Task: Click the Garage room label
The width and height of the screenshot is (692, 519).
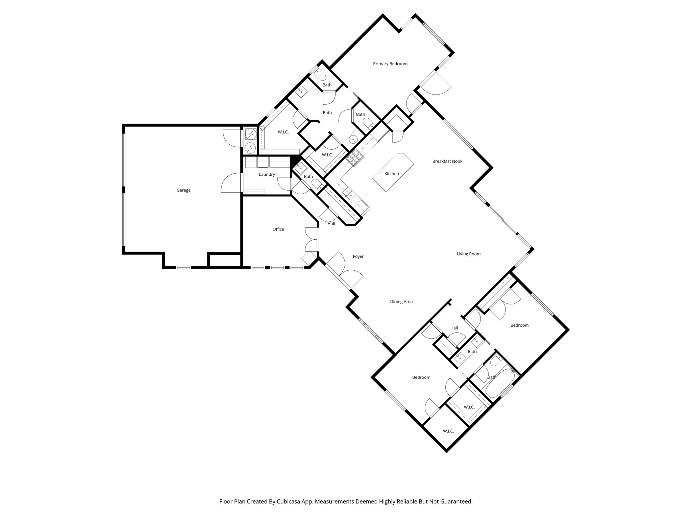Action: point(183,190)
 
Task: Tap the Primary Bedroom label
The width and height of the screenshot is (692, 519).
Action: point(390,64)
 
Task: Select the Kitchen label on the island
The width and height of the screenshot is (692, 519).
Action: point(392,174)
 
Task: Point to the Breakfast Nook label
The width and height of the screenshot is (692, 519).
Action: point(447,161)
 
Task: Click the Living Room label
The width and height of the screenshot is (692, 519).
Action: point(469,254)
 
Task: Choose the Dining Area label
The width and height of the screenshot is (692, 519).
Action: point(401,302)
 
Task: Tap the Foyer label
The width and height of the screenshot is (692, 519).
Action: point(358,256)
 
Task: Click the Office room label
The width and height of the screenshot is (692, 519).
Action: point(278,229)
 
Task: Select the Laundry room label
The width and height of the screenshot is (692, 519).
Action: point(267,174)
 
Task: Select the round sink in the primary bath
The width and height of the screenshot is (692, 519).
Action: point(353,139)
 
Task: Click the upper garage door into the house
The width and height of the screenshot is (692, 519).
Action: point(232,138)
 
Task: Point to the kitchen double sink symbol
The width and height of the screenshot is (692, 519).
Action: point(348,194)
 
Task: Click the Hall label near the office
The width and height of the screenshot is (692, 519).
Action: point(331,223)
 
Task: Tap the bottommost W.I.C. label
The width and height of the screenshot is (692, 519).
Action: point(448,431)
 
